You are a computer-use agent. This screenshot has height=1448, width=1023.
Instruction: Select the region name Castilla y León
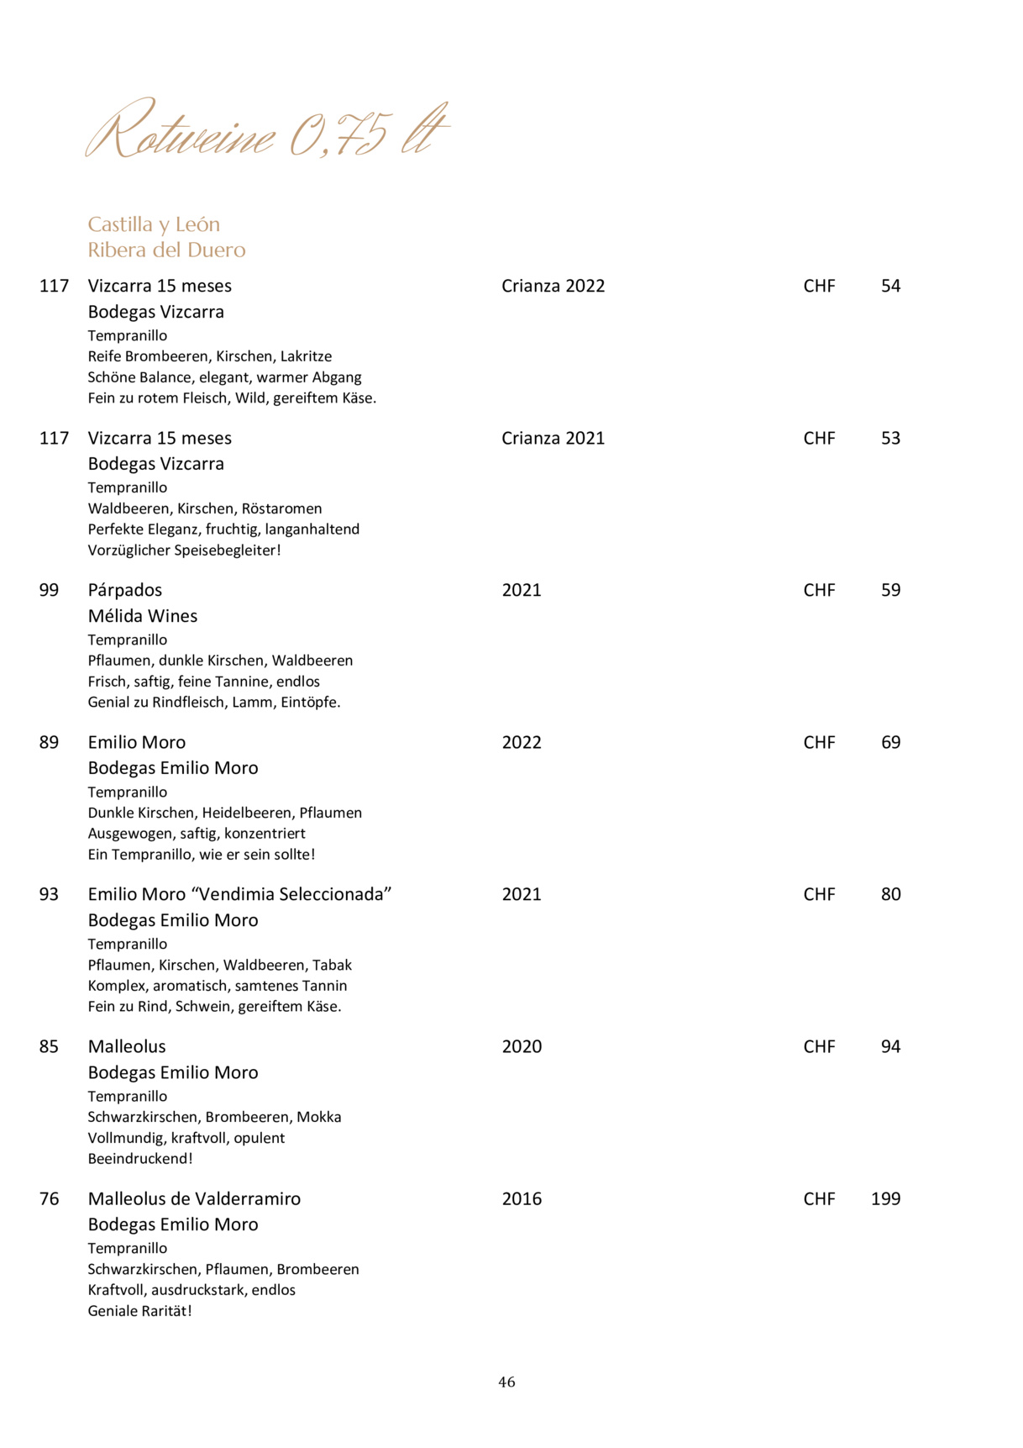coord(154,224)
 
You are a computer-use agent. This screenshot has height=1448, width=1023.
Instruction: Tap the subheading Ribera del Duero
coord(166,250)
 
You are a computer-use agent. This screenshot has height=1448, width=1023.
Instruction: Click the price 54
coord(890,286)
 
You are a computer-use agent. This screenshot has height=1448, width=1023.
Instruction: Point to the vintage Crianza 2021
coord(553,438)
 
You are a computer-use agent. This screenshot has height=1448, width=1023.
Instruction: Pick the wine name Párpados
coord(125,590)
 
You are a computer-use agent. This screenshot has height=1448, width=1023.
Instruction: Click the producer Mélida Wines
coord(143,616)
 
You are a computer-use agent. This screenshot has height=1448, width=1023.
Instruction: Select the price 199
coord(885,1198)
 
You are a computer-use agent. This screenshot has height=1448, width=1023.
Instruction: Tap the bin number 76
coord(50,1198)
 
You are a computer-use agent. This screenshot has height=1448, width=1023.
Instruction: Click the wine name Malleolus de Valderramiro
coord(194,1198)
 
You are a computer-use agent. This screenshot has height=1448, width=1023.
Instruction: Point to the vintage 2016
coord(522,1198)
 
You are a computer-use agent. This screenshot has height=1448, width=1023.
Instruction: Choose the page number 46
coord(506,1382)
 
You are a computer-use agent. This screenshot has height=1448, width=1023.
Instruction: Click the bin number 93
coord(50,894)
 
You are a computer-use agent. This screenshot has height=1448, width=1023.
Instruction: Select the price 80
coord(890,894)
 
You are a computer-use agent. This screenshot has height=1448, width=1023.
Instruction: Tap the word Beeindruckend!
coord(140,1158)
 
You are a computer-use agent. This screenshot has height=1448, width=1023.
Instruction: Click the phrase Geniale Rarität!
coord(140,1310)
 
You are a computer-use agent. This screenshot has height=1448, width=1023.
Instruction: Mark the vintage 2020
coord(522,1046)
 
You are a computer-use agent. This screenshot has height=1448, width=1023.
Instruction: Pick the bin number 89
coord(50,742)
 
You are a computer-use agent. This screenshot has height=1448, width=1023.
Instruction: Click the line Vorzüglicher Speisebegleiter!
coord(184,550)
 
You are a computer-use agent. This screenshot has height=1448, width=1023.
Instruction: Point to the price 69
coord(890,742)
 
